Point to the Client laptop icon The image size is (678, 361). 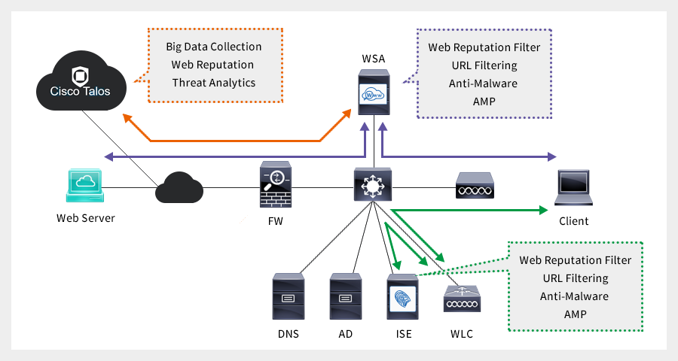[574, 188]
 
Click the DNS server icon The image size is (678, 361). [288, 298]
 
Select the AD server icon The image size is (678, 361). [346, 298]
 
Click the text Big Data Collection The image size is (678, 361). [214, 47]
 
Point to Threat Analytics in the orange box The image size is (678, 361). [214, 82]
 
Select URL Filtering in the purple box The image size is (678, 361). [484, 65]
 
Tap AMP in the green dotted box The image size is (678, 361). [575, 314]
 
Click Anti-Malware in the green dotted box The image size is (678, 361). [575, 296]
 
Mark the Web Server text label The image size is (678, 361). [86, 218]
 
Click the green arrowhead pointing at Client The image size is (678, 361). [543, 211]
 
